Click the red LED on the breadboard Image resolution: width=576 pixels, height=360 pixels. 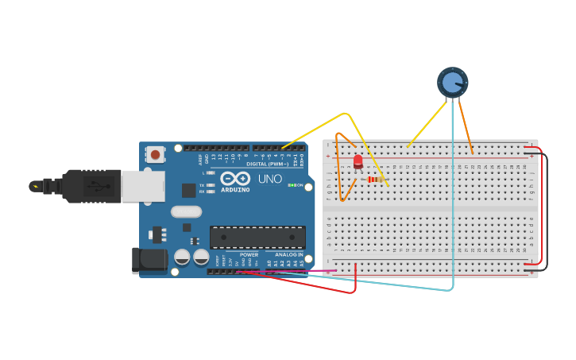click(358, 162)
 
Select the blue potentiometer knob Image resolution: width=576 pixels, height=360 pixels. click(452, 82)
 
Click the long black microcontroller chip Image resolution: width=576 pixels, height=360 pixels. click(257, 237)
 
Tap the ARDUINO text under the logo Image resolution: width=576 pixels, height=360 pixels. click(236, 190)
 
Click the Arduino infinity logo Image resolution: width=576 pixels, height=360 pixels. click(235, 179)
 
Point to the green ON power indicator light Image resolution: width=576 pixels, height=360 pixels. click(291, 186)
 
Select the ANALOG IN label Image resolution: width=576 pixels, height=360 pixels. click(289, 254)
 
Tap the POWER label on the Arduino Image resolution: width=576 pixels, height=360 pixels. click(249, 254)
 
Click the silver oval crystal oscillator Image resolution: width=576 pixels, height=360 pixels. click(186, 211)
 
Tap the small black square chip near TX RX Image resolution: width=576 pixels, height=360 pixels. click(188, 190)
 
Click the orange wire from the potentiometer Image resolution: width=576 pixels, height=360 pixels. click(466, 127)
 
